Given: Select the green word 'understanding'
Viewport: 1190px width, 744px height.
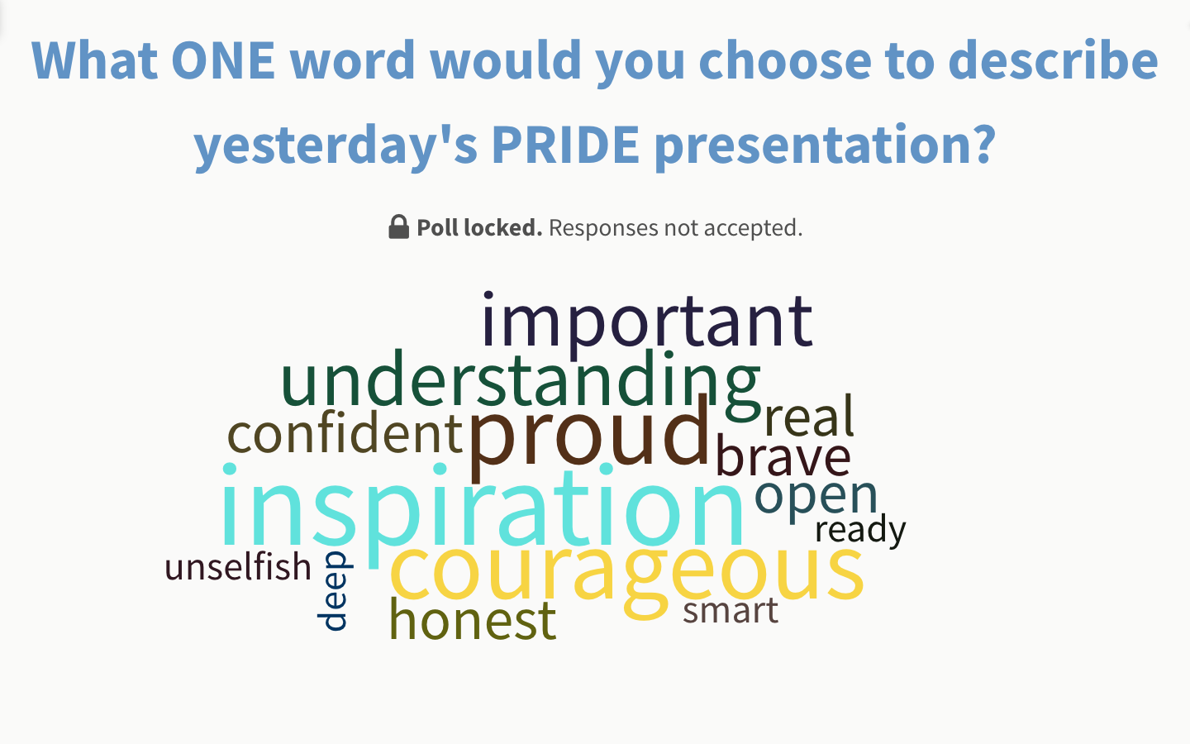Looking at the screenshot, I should (x=521, y=380).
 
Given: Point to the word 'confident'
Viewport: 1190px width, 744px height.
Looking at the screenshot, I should (x=345, y=434).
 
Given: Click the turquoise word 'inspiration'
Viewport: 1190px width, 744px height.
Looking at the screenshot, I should (x=483, y=508).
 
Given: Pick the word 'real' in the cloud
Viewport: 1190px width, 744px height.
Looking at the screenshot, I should (x=809, y=417).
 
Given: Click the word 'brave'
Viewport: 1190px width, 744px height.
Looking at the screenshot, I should (x=783, y=457).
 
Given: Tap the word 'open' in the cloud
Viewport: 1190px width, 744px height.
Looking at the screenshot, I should (x=816, y=496).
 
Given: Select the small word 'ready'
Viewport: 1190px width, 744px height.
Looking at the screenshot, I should (x=860, y=530).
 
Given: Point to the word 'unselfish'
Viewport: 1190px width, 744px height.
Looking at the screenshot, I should (x=238, y=568).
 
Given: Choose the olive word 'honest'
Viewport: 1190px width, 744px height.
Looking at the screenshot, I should (x=473, y=621).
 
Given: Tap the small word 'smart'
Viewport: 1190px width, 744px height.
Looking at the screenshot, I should (x=731, y=611).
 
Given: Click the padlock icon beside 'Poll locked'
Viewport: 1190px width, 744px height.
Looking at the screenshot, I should (x=398, y=227).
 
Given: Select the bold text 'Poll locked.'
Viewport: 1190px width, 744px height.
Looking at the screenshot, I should (x=479, y=228).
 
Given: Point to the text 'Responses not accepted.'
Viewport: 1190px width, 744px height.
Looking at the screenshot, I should (x=675, y=228).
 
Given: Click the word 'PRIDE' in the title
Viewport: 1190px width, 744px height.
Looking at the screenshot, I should (x=565, y=145).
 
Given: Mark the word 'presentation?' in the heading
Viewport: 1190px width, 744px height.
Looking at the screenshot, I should (x=825, y=145).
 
